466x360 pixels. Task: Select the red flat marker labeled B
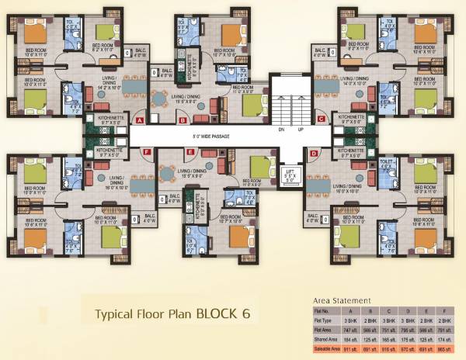[x=182, y=120]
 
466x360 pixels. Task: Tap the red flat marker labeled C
[x=321, y=119]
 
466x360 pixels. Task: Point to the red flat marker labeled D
[x=313, y=154]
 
